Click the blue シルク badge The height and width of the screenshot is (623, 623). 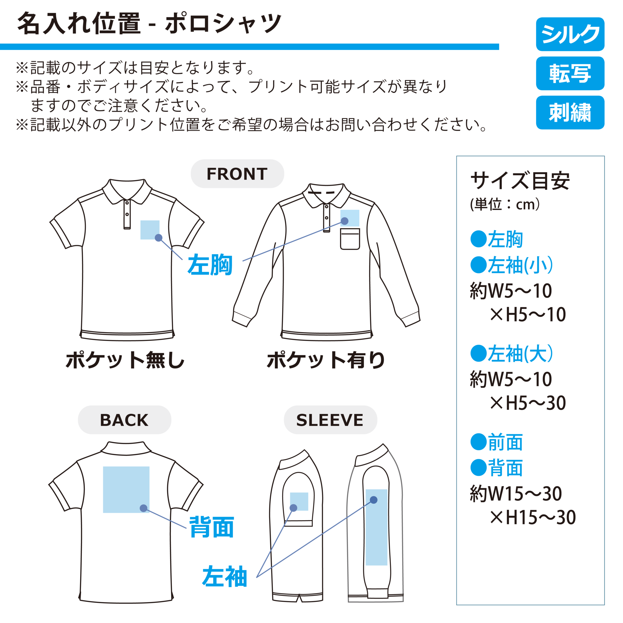[570, 34]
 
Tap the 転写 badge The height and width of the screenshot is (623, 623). [570, 74]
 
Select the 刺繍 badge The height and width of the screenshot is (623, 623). [570, 113]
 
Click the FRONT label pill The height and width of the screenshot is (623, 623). [237, 174]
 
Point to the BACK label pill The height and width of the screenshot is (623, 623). [124, 420]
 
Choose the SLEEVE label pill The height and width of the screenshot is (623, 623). [330, 420]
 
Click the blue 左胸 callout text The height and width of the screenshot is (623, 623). [210, 265]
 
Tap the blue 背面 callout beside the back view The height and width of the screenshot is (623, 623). [211, 527]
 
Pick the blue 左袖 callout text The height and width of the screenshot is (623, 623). [224, 576]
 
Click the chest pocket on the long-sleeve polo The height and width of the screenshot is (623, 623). [350, 239]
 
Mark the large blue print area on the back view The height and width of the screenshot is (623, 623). [126, 489]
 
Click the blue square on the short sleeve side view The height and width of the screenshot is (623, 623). [299, 501]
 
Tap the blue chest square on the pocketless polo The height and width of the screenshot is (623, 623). [150, 230]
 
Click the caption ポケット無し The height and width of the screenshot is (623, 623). [125, 360]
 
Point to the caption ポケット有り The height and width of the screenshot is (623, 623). [326, 360]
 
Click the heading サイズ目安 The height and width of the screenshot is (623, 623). [520, 181]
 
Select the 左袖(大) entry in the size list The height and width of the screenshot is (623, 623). [512, 353]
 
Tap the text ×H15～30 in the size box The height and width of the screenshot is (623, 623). [533, 517]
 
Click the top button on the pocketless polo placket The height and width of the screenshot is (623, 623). [127, 203]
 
